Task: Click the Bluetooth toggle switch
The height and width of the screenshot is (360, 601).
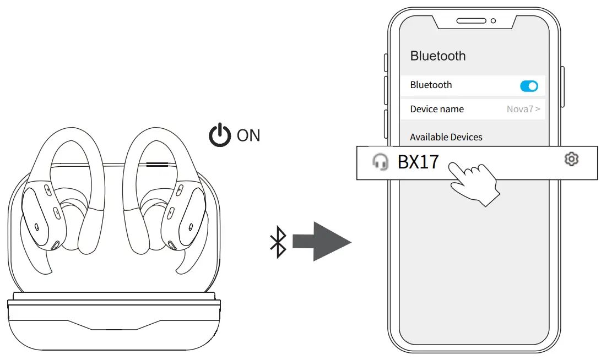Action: (529, 86)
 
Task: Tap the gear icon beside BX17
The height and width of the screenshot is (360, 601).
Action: (572, 160)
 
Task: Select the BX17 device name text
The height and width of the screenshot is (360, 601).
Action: (418, 162)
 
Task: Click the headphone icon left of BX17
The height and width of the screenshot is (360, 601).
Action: (380, 162)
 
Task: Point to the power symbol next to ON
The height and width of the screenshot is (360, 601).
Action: (219, 135)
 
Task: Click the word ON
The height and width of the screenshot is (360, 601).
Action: (248, 135)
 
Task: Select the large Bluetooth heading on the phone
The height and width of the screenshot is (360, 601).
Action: (438, 56)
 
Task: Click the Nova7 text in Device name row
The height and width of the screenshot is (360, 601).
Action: (520, 109)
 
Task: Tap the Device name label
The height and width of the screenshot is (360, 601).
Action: (437, 109)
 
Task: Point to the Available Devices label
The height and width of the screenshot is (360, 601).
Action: (446, 137)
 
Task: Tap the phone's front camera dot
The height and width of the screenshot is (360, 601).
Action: (493, 21)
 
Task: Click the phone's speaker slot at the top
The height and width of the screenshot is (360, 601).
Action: (471, 21)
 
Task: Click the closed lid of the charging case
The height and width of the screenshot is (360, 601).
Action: (114, 325)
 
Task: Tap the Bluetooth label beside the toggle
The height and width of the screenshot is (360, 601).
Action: (431, 85)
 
